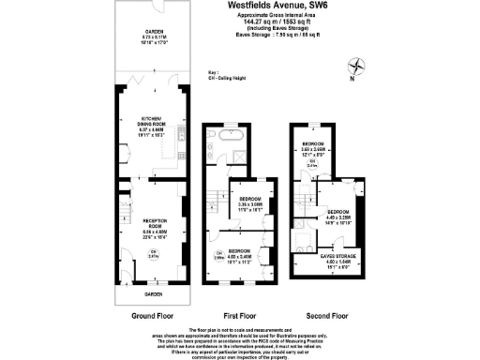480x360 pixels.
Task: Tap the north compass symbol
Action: point(356,67)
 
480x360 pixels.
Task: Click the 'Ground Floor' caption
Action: point(149,314)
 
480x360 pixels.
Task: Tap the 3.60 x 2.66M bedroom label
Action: point(312,147)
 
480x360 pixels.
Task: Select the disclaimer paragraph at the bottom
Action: point(240,342)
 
